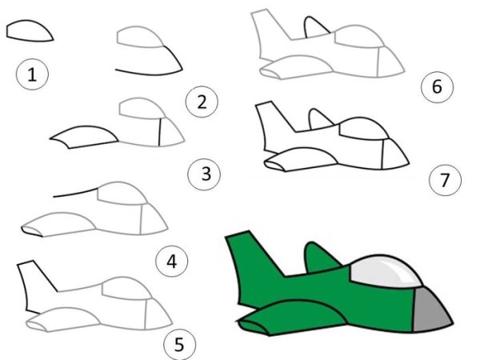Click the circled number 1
(32, 74)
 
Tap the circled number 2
(202, 102)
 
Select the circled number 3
(204, 174)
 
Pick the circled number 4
(172, 261)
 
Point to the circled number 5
(180, 344)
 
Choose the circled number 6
(437, 86)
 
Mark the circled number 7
(445, 179)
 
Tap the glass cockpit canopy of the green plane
(384, 271)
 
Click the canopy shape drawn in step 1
(30, 30)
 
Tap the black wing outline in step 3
(82, 137)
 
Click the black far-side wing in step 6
(315, 27)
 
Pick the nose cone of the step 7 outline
(395, 154)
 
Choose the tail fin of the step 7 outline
(274, 126)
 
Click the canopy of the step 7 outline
(362, 128)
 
